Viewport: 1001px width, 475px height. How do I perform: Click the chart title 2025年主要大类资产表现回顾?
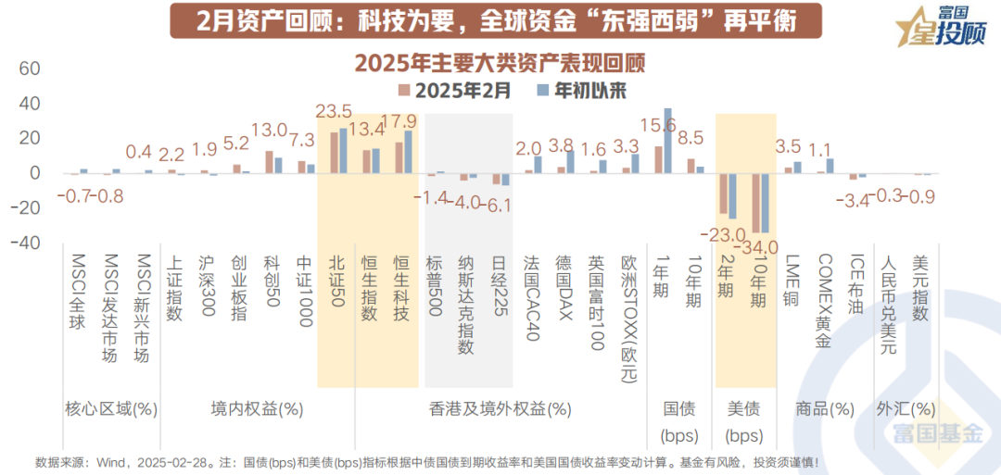click(x=500, y=63)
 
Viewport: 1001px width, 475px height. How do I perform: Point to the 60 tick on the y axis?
click(x=30, y=69)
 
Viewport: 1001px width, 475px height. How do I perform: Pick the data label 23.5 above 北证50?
click(x=334, y=111)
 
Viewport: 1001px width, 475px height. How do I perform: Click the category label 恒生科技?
click(x=401, y=288)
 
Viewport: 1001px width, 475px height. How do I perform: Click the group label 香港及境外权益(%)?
click(x=500, y=408)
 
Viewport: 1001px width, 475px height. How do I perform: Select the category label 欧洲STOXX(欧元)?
click(x=631, y=319)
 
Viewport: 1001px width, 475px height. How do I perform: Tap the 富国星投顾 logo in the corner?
click(x=936, y=29)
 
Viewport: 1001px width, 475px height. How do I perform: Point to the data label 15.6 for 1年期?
click(x=665, y=125)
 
